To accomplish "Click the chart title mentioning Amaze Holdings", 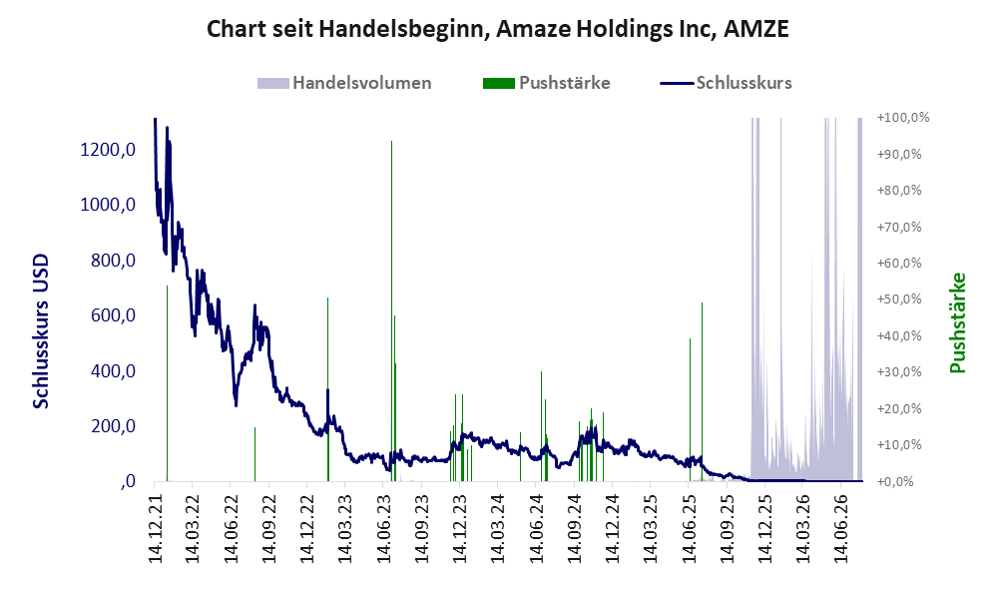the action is pos(498,29).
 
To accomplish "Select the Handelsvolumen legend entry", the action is pos(344,83).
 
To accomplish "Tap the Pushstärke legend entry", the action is pos(546,83).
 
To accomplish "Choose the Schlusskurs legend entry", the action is pos(726,83).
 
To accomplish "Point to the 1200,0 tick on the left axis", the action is pos(108,150).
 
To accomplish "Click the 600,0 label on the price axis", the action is pos(113,315).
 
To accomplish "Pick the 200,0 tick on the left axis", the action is pos(113,426).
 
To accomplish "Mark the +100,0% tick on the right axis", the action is pos(902,118).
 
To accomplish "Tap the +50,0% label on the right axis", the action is pos(899,299).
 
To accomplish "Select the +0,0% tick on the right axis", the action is pos(895,481).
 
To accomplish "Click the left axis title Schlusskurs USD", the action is pos(41,331).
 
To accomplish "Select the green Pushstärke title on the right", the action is pos(958,322).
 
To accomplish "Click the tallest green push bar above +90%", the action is pos(391,311).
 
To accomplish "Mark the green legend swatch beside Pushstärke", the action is pos(499,83).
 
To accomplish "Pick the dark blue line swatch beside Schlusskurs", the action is pos(677,83).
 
